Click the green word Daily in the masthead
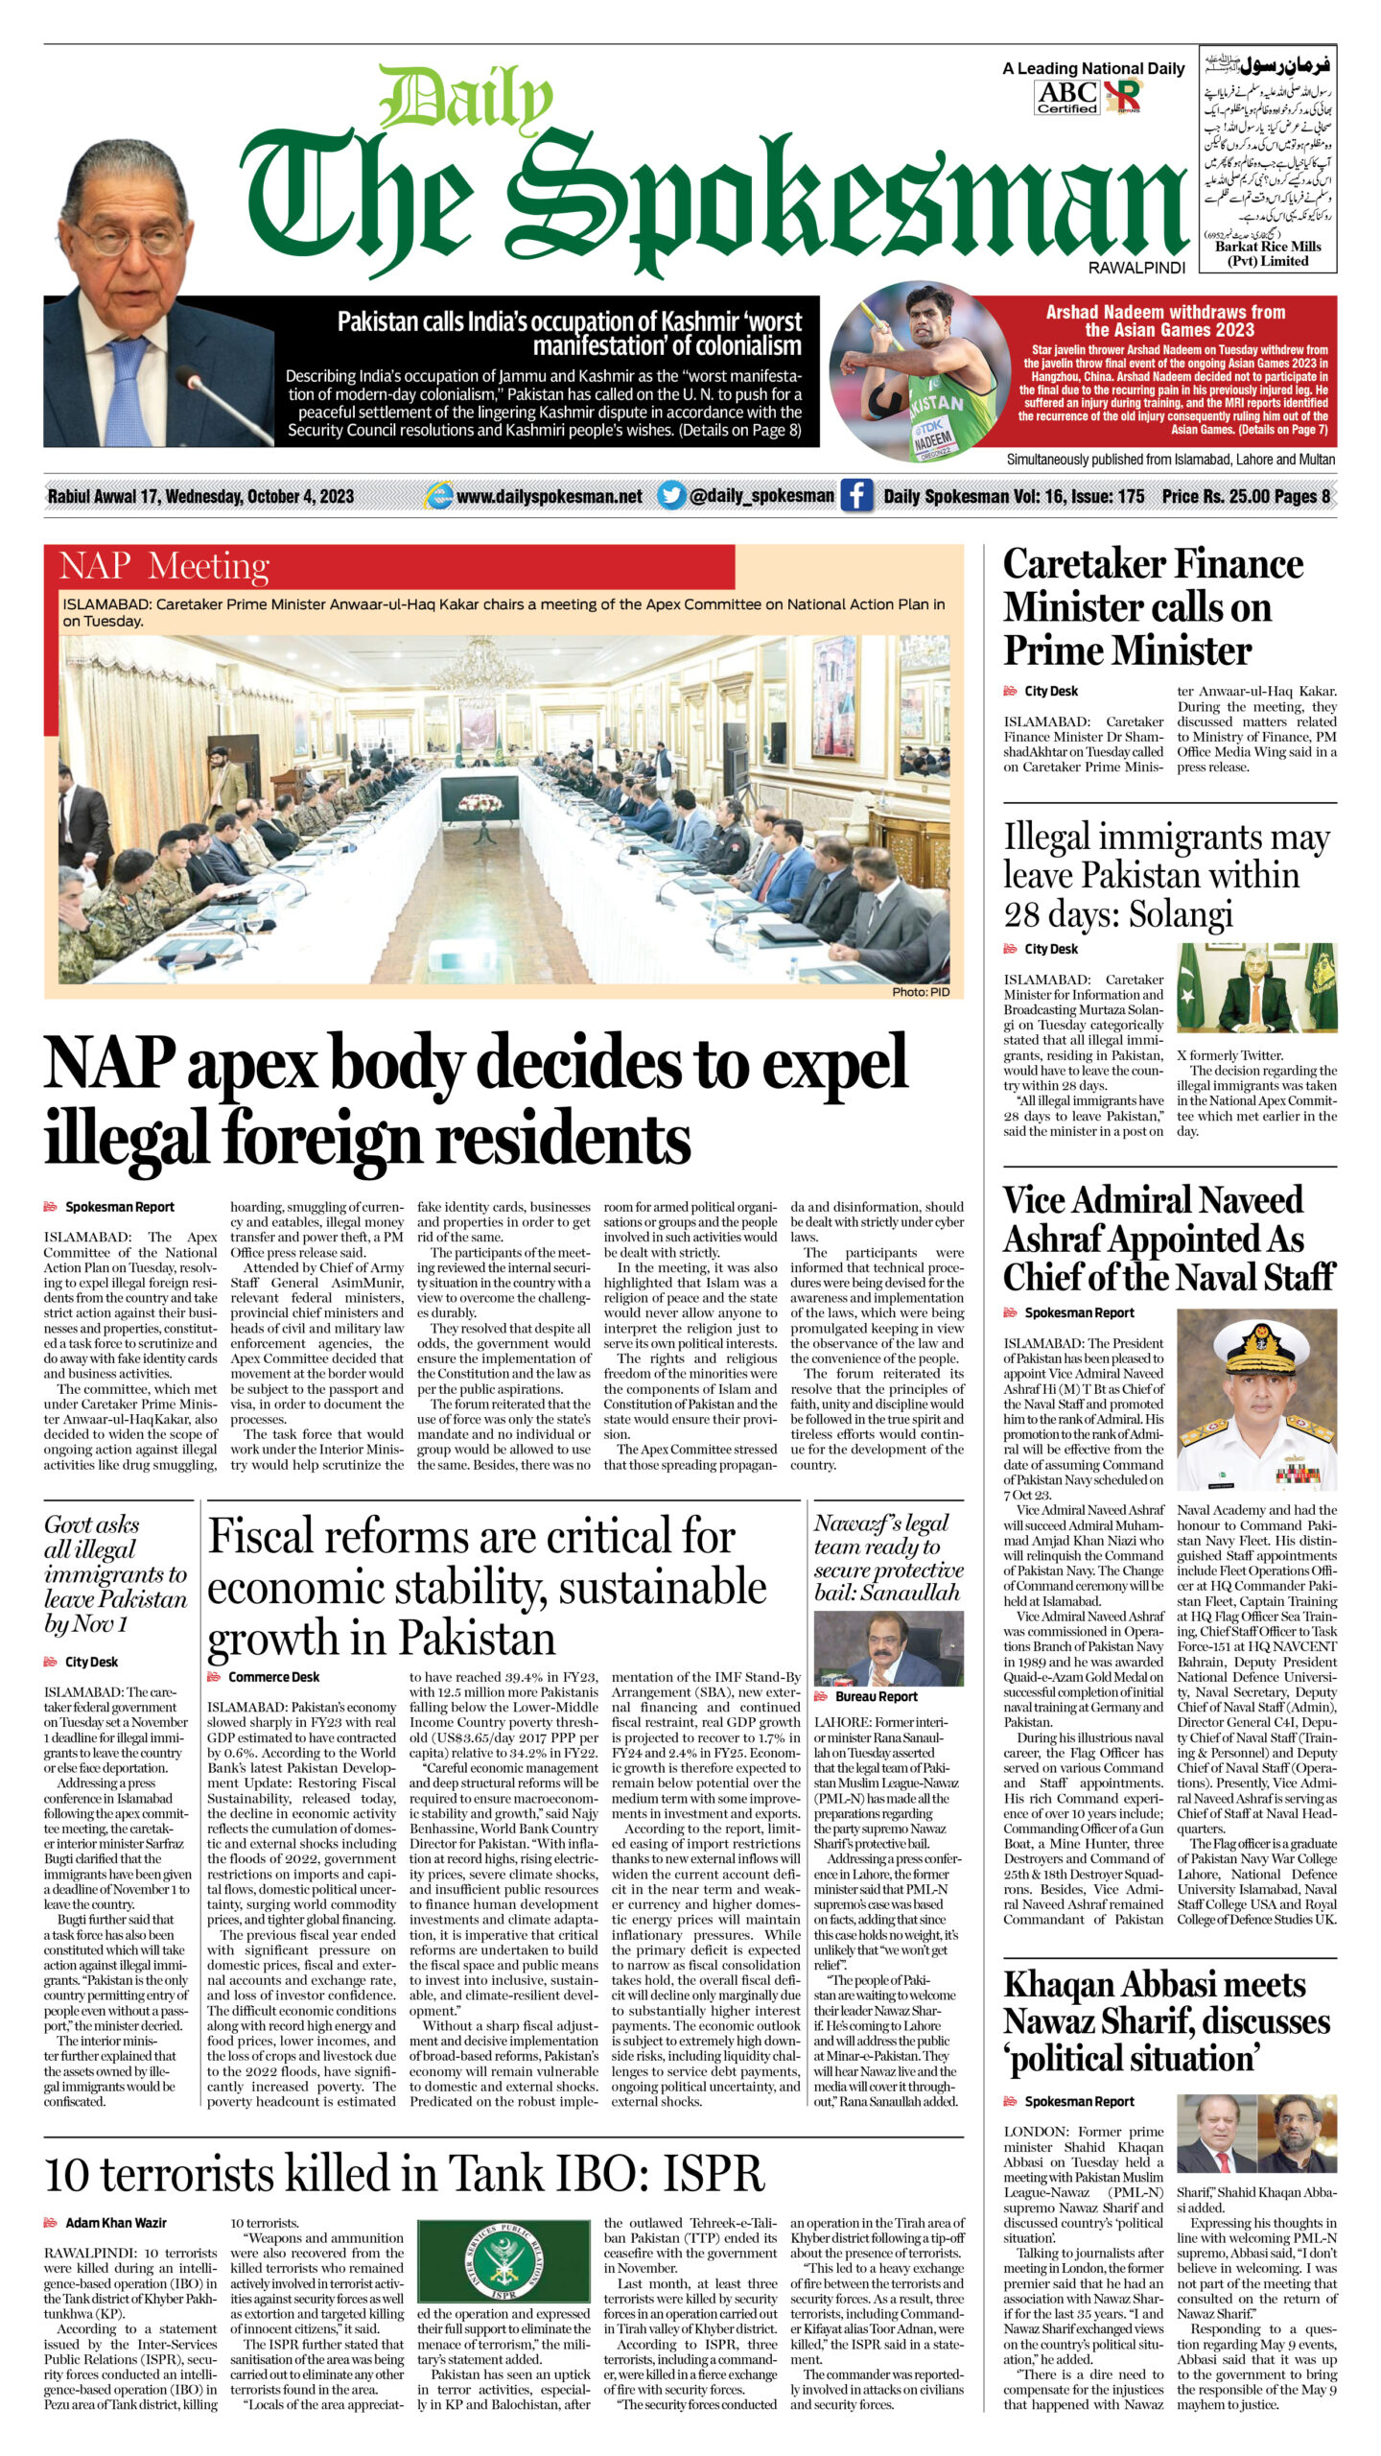coord(466,100)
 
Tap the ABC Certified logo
coord(1066,97)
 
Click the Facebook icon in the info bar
coord(856,496)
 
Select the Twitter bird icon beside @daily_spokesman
coord(671,496)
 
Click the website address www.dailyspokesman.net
coord(549,496)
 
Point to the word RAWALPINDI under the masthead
coord(1136,269)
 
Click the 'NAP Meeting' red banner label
coord(164,566)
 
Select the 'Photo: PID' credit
coord(920,992)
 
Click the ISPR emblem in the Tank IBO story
coord(503,2261)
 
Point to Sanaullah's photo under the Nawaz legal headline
coord(888,1647)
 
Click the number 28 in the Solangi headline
coord(1031,915)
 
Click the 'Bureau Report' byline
coord(877,1696)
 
